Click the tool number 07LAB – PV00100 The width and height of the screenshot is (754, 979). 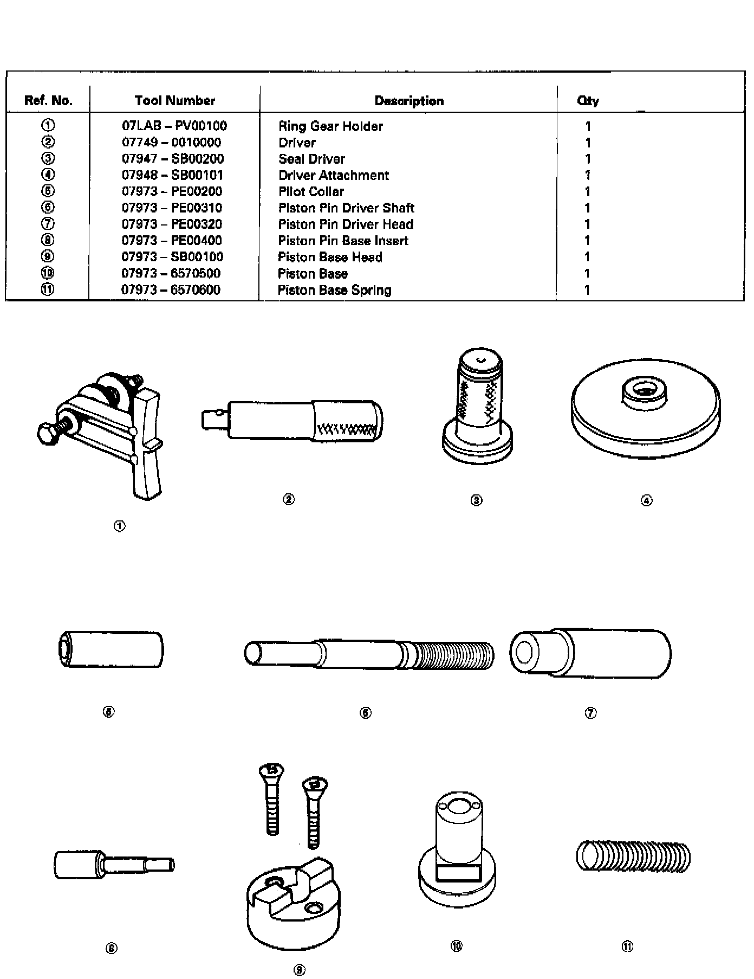click(174, 126)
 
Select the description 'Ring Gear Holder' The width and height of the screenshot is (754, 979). click(330, 126)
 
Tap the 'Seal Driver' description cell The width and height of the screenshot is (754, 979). click(311, 159)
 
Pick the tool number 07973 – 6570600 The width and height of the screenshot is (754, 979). click(171, 289)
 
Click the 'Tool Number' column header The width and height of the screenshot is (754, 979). click(174, 100)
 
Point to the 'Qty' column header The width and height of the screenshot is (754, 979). click(588, 100)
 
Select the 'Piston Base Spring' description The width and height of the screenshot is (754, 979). click(334, 290)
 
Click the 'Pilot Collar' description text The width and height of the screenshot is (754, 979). click(311, 191)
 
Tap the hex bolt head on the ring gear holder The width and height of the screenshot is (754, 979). click(48, 434)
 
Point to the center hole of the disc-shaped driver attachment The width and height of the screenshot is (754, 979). click(645, 390)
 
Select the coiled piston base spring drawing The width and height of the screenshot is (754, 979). click(633, 857)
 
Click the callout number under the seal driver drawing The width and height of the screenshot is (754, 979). click(476, 500)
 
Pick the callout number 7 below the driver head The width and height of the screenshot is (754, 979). click(590, 713)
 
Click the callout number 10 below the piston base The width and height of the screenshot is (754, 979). click(456, 946)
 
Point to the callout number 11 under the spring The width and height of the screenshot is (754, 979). click(627, 946)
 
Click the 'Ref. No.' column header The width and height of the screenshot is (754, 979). click(48, 100)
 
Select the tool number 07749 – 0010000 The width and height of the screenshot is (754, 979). click(171, 143)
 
